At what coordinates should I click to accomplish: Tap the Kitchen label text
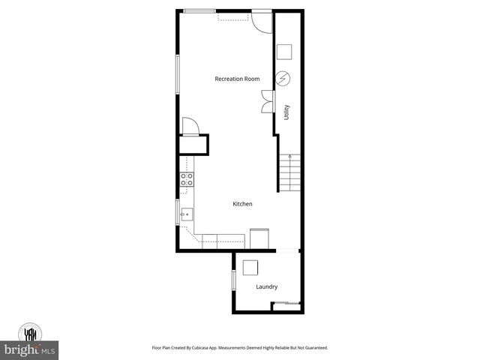tap(242, 204)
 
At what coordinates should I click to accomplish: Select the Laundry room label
tap(266, 286)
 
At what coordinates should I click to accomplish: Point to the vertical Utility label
tap(286, 112)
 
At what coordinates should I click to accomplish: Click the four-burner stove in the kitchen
tap(186, 179)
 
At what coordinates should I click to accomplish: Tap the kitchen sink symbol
tap(186, 214)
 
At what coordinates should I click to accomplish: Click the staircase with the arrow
tap(290, 172)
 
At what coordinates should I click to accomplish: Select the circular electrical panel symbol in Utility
tap(283, 78)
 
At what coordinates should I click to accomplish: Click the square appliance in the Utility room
tap(284, 52)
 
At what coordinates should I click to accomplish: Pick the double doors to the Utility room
tap(268, 101)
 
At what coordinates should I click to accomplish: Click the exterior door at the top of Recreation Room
tap(262, 19)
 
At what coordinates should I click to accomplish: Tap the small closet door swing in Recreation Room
tap(190, 126)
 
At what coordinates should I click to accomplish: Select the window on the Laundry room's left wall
tap(233, 280)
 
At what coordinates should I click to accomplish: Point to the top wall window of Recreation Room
tap(197, 10)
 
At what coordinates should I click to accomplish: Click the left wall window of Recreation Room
tap(178, 76)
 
